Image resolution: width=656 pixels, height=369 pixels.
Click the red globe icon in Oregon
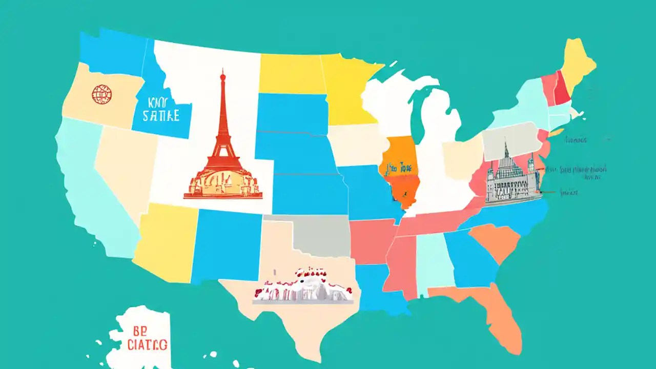[101, 94]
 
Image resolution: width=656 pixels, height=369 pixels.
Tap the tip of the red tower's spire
[222, 71]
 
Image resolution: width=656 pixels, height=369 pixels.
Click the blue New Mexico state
[225, 246]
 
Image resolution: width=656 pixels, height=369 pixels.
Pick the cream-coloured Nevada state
[123, 164]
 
